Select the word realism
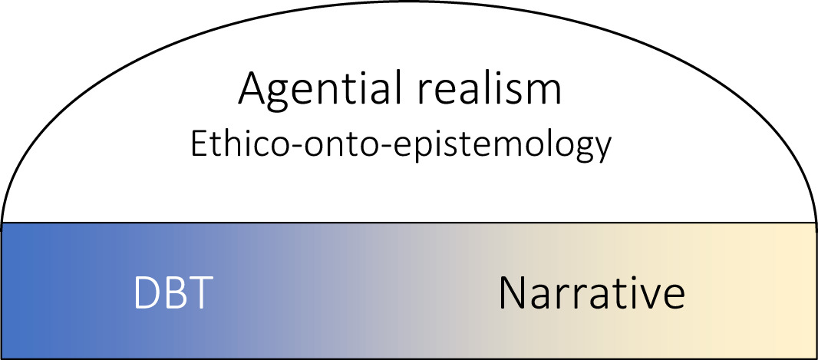tap(481, 88)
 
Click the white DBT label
tap(173, 292)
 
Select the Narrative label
tap(592, 292)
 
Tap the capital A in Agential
tap(252, 89)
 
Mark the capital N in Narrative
tap(511, 293)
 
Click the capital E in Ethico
tap(199, 144)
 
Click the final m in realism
tap(546, 93)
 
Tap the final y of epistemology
tap(601, 151)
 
